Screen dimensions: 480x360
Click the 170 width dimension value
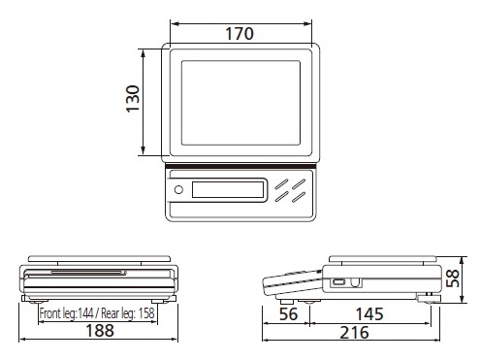point(240,34)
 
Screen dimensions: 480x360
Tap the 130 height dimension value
point(133,99)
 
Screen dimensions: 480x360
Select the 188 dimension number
point(100,331)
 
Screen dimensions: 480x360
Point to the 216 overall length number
point(354,333)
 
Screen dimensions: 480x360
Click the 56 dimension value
point(288,314)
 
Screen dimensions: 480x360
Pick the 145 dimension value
point(369,314)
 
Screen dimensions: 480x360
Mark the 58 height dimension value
point(453,278)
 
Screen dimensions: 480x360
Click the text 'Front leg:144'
point(67,313)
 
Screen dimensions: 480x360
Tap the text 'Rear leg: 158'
point(128,313)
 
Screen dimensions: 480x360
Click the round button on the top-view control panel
point(178,189)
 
